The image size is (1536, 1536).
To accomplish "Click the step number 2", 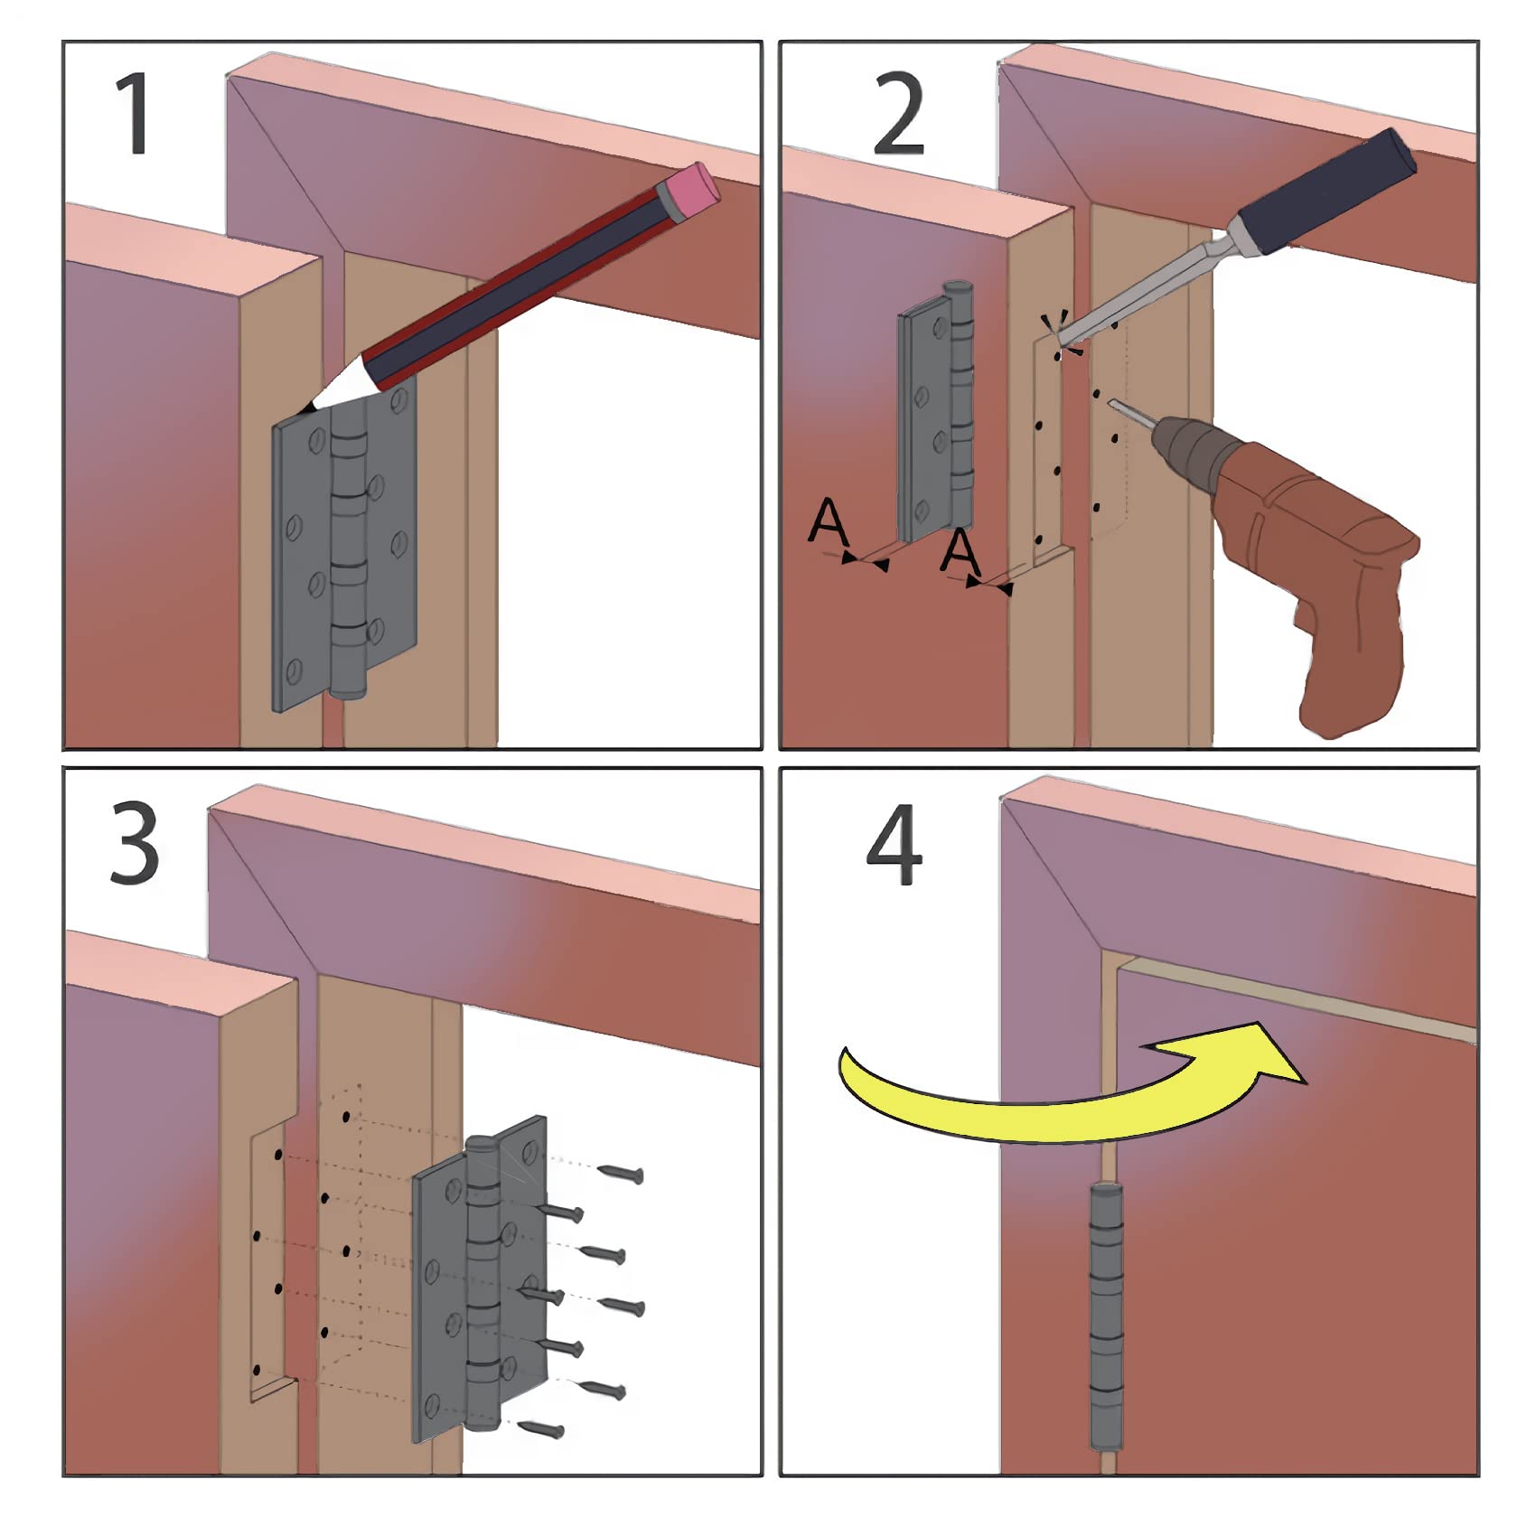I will pos(898,115).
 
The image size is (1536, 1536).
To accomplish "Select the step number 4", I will pos(894,846).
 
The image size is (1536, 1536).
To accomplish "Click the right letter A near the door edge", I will pos(960,551).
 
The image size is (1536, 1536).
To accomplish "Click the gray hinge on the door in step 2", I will pos(935,416).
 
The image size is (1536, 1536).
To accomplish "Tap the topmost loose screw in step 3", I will pos(621,1173).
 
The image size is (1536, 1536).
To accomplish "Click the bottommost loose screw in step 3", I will pos(543,1428).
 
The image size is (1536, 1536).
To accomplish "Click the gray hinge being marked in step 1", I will pos(343,551).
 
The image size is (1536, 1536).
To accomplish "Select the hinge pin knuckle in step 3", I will pos(482,1283).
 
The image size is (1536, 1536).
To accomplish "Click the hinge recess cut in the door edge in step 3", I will pos(267,1265).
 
